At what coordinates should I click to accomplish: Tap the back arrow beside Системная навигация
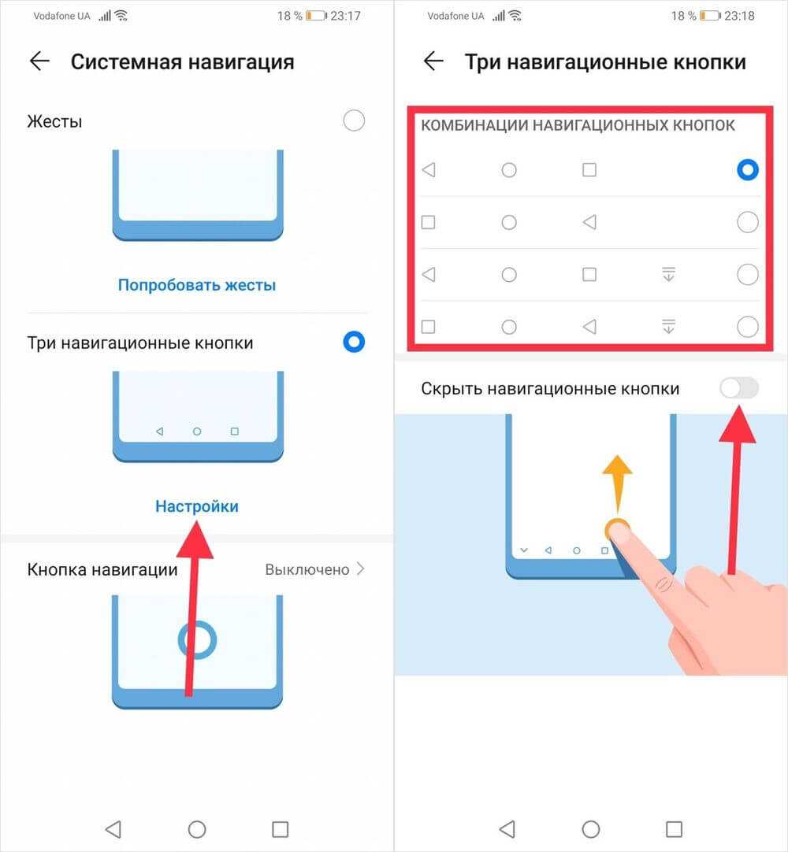39,61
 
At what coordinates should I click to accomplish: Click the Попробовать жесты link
197,285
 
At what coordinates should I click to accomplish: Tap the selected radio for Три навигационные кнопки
354,342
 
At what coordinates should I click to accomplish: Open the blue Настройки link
197,506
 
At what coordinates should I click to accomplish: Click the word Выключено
307,569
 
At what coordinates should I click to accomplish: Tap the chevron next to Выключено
361,569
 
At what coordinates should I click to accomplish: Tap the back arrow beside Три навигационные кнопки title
433,61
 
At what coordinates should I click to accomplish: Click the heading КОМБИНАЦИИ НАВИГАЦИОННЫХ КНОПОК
578,125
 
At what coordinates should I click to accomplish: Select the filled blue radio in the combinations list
748,169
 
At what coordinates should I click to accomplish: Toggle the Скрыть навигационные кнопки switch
739,388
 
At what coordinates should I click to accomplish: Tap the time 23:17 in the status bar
345,16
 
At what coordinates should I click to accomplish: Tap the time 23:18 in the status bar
740,16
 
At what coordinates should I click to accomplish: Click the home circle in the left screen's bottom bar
197,829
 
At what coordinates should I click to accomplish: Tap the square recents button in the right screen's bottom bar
674,829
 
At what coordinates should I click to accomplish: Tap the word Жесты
54,121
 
